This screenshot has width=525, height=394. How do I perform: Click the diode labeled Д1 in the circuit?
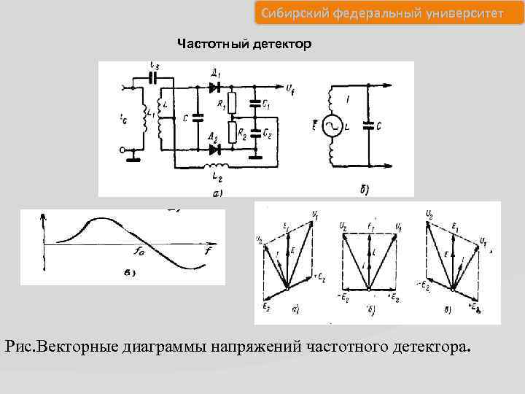point(214,87)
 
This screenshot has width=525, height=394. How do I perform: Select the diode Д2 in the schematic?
point(214,150)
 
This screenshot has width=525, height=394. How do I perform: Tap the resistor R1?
point(231,102)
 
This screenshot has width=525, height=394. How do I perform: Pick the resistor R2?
point(231,133)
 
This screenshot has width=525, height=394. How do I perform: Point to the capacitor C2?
point(255,134)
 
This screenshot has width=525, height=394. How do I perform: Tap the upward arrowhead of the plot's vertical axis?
point(45,216)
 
